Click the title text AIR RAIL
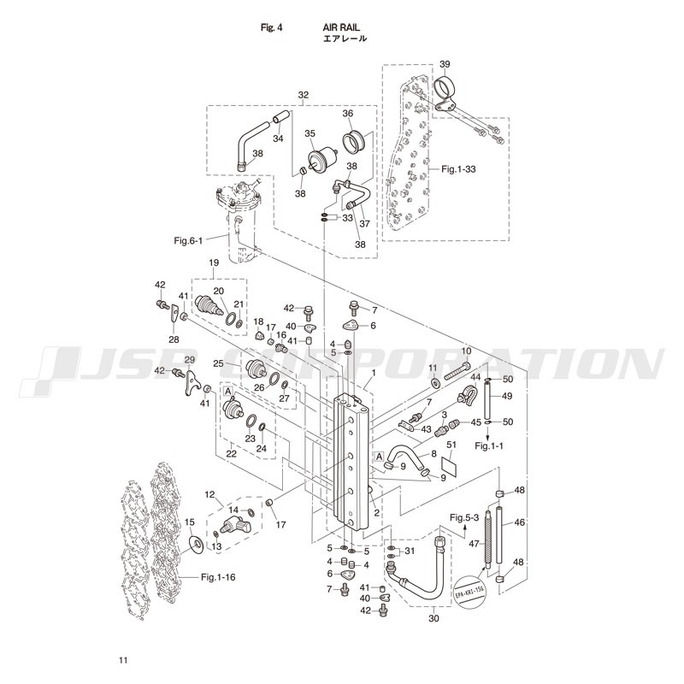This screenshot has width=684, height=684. click(x=341, y=27)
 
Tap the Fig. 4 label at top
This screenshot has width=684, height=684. click(x=272, y=27)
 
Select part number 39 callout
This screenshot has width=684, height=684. click(x=445, y=65)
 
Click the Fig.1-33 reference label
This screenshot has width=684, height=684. click(x=458, y=169)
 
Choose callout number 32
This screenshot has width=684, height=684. click(x=304, y=94)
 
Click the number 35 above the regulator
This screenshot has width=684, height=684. click(x=310, y=133)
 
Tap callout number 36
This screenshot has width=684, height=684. click(x=348, y=114)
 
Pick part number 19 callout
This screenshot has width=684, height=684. click(x=214, y=262)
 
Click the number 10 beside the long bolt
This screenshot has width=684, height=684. click(x=467, y=351)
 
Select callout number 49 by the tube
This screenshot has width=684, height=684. click(x=507, y=396)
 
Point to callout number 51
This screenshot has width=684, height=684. click(x=451, y=444)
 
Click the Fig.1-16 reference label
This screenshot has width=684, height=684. click(x=220, y=577)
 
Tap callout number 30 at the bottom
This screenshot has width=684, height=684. click(x=433, y=618)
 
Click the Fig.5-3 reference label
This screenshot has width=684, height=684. click(x=465, y=517)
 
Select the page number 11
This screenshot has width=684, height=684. click(x=123, y=659)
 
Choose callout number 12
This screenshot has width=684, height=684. click(x=208, y=495)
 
